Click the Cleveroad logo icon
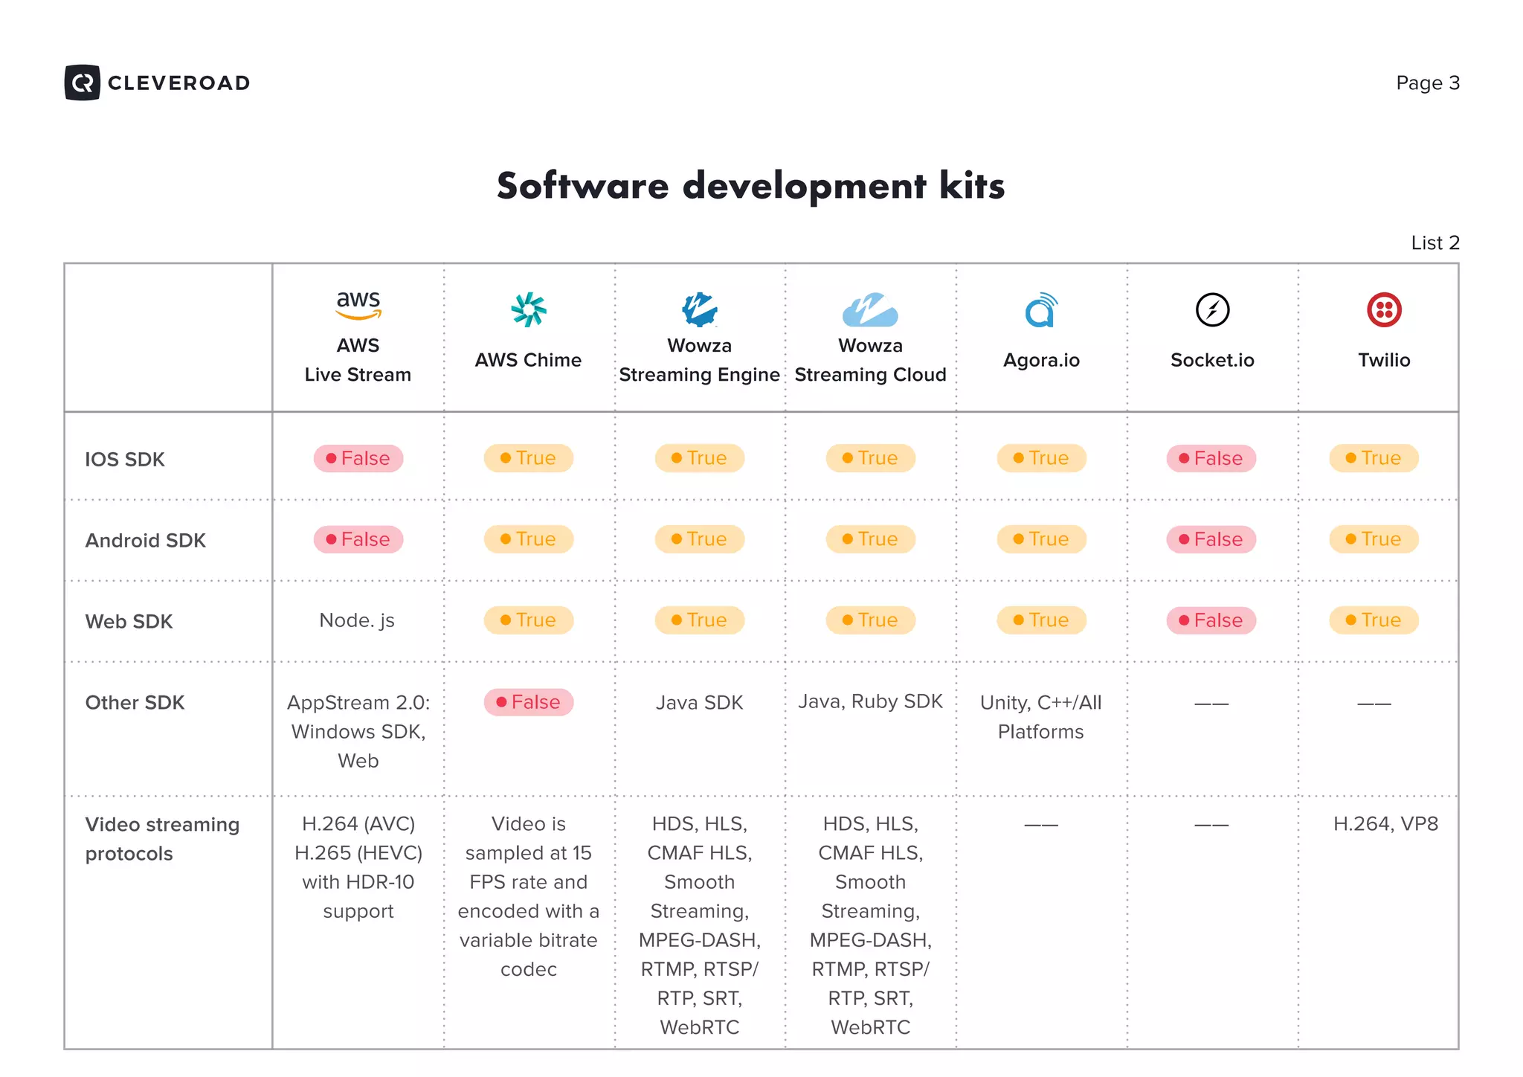82,83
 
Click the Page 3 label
1427,83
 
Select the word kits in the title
971,186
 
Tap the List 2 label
1435,243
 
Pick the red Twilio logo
1383,310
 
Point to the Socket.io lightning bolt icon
1212,310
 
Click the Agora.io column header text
1040,360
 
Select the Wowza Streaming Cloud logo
869,310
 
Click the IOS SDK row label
125,460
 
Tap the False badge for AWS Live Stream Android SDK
358,539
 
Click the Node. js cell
357,620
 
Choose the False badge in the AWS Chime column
528,702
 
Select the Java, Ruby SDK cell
870,701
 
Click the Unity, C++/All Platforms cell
1040,717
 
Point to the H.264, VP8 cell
1385,824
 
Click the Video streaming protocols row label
162,839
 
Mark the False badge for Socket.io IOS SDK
1211,458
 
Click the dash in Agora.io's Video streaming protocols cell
1040,825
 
